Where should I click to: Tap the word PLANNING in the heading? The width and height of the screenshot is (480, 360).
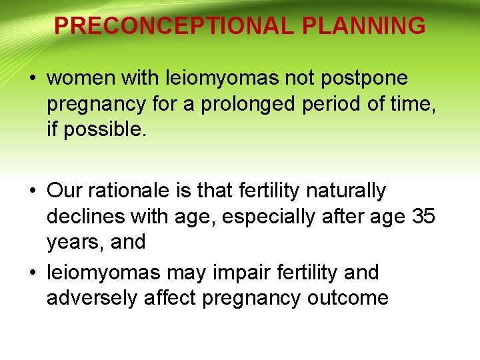363,26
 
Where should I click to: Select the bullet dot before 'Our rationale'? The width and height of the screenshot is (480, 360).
33,191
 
